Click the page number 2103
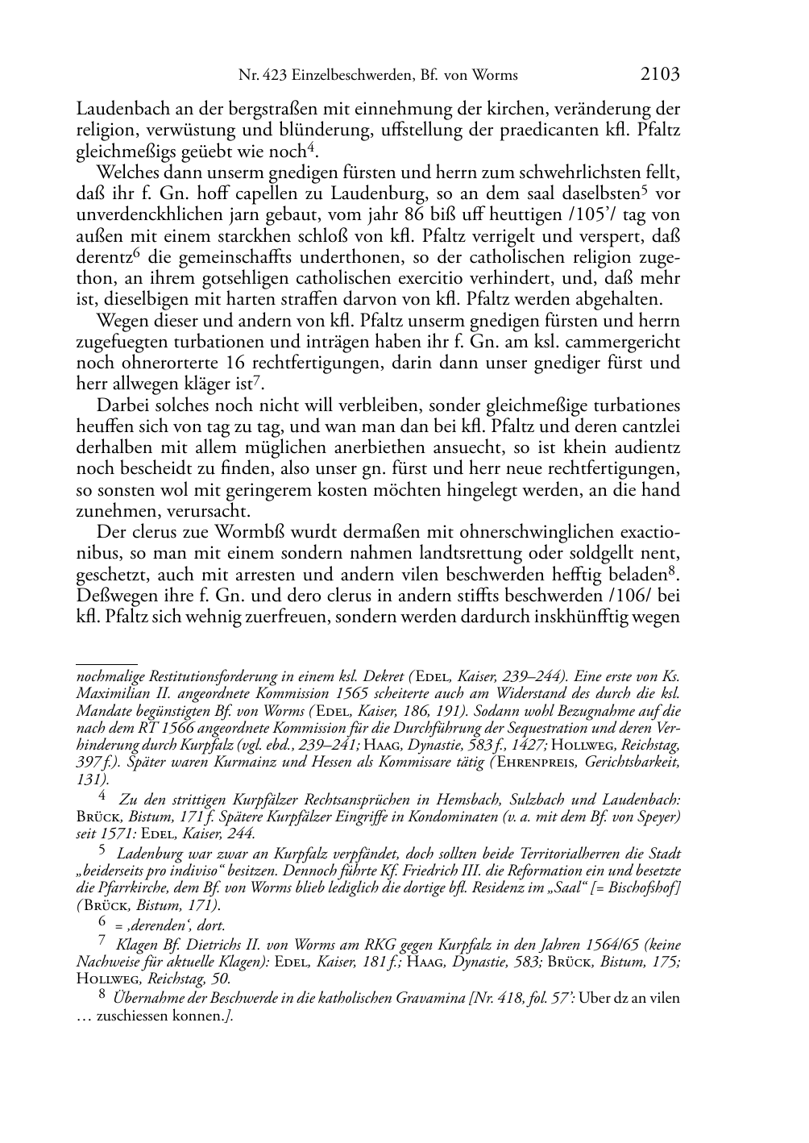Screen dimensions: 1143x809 coord(660,75)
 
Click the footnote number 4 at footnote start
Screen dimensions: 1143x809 coord(102,799)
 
